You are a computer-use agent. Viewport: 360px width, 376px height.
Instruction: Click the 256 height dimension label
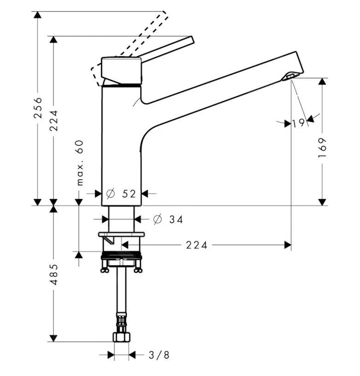[x=38, y=107]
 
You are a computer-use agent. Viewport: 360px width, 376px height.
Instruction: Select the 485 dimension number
[x=53, y=274]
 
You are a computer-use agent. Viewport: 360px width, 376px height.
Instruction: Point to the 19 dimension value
[x=299, y=123]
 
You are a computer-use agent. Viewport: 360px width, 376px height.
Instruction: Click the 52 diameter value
[x=130, y=194]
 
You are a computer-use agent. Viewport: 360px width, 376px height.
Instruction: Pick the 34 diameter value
[x=176, y=220]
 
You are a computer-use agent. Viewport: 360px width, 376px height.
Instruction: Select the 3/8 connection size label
[x=159, y=355]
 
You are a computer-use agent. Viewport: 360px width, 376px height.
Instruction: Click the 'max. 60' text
[x=80, y=163]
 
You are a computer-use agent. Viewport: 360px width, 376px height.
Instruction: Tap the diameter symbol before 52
[x=110, y=194]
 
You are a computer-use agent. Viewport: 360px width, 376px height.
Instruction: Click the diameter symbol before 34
[x=157, y=220]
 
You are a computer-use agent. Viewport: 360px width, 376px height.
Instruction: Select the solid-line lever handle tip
[x=190, y=40]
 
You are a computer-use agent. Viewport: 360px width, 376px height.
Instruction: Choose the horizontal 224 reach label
[x=197, y=245]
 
